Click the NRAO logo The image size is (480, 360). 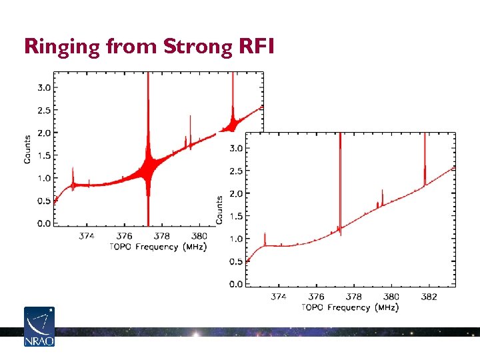coord(39,326)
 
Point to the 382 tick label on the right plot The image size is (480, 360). coord(429,297)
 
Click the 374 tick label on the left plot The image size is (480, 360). coord(87,235)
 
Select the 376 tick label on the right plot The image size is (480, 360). coord(316,297)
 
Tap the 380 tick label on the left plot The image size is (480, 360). coord(199,235)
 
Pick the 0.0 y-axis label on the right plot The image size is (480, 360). coord(236,285)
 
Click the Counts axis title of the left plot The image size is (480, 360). coord(27,149)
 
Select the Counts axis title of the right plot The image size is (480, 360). coord(219,210)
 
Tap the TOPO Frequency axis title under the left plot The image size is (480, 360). coord(157,247)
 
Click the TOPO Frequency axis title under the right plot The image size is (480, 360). coord(350,307)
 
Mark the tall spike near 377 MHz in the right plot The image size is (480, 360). coord(340,180)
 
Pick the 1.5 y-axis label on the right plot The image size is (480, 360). coord(236,216)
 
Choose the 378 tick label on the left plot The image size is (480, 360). coord(162,235)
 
